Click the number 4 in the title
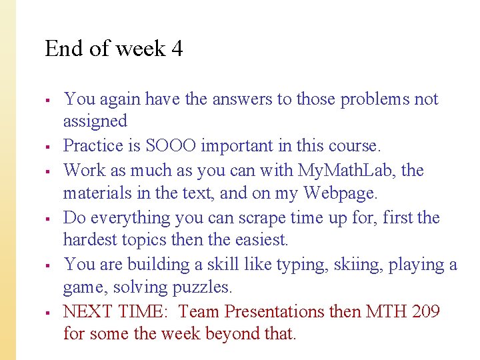[177, 49]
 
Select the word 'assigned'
[95, 121]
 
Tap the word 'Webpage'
[339, 194]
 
